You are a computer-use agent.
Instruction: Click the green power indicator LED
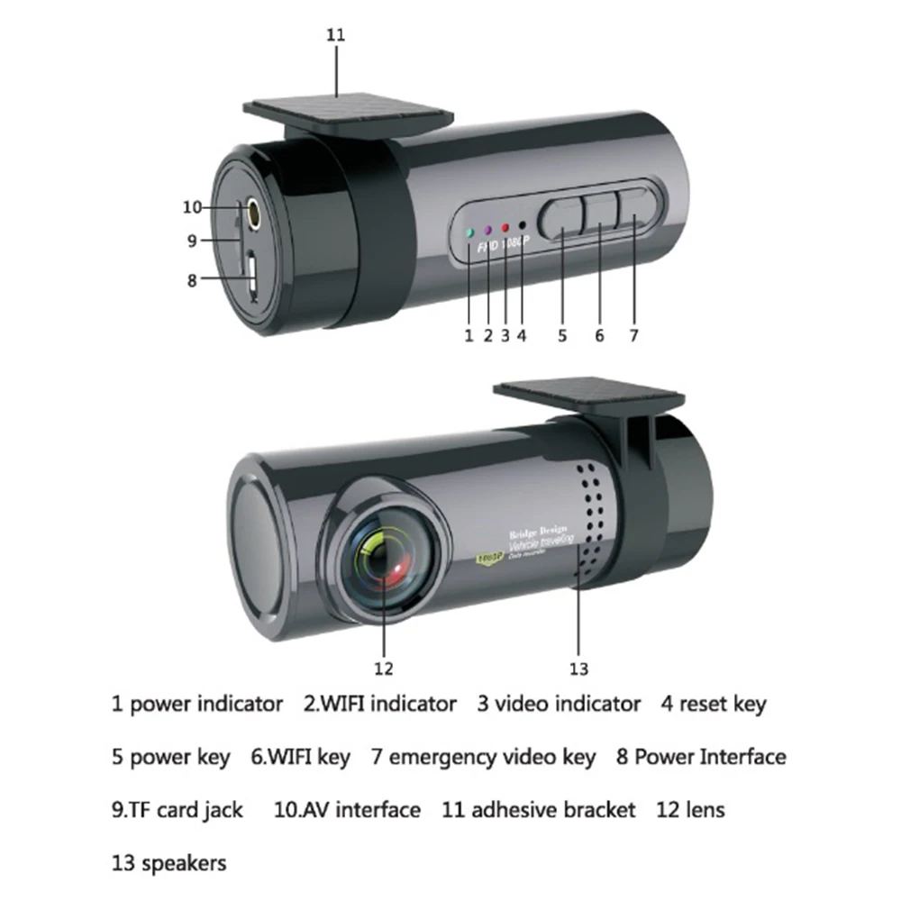click(469, 232)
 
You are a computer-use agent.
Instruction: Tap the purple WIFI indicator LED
click(487, 231)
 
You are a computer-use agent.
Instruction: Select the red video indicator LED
click(505, 229)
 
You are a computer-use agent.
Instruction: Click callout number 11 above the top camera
click(336, 36)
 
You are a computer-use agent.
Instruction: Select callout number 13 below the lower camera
click(578, 669)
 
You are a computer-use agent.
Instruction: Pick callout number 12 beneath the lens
click(385, 669)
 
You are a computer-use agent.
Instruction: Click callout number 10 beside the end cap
click(192, 207)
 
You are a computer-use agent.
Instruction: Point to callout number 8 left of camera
click(192, 280)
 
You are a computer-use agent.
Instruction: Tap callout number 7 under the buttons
click(633, 335)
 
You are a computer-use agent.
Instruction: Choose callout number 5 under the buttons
click(562, 335)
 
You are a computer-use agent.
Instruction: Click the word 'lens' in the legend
click(704, 810)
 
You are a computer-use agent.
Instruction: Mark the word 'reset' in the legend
click(704, 703)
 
